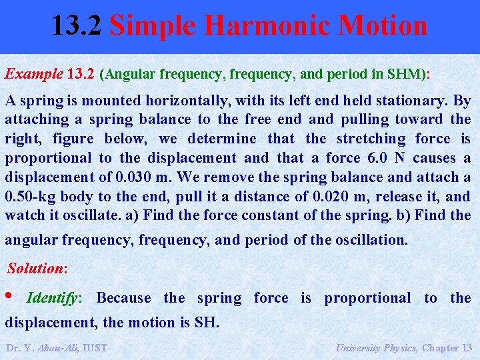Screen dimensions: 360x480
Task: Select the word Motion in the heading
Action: click(x=383, y=26)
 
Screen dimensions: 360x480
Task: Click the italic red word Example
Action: click(x=34, y=74)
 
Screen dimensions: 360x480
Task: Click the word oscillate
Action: click(x=104, y=215)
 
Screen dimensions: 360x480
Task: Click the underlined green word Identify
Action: click(x=51, y=298)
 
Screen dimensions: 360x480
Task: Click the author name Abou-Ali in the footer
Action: click(x=57, y=347)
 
